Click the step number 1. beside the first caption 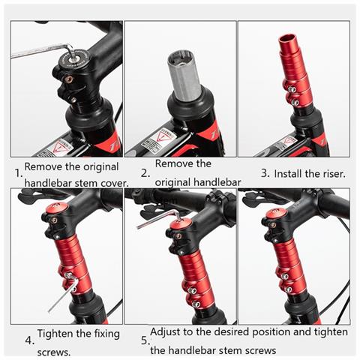[19, 173]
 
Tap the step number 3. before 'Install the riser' [265, 173]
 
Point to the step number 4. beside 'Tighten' [29, 340]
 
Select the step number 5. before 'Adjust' [145, 340]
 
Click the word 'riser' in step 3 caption [334, 174]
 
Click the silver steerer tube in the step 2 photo [184, 76]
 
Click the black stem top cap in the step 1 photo [76, 59]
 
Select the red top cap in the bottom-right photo [275, 213]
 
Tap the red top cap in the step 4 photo [57, 208]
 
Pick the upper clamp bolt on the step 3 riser [292, 89]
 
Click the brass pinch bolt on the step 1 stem [67, 79]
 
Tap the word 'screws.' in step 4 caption [54, 352]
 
